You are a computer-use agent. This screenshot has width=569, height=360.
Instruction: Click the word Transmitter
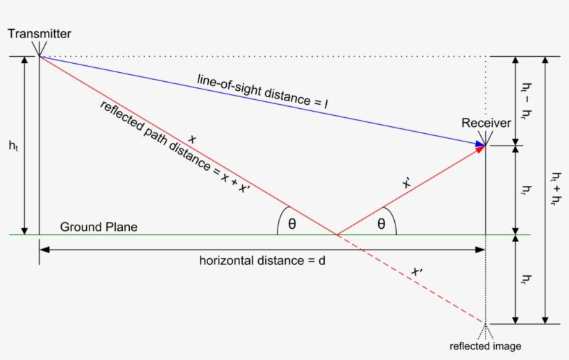(39, 34)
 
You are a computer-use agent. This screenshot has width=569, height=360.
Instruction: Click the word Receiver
(486, 123)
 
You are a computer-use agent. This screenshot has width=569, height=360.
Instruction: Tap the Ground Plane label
(99, 227)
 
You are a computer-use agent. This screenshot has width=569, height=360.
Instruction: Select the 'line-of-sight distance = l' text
(262, 92)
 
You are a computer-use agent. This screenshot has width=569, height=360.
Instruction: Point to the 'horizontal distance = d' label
(262, 261)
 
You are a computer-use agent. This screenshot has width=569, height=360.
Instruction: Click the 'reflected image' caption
(485, 346)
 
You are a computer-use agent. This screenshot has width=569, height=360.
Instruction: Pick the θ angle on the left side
(292, 224)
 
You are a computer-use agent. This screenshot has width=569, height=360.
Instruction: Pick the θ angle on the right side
(381, 224)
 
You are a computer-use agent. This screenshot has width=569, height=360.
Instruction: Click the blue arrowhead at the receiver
(480, 144)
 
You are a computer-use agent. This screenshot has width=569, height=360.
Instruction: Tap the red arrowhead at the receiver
(481, 149)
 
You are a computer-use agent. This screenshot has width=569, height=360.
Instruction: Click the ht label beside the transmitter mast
(13, 146)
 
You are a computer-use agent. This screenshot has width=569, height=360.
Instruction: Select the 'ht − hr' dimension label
(527, 101)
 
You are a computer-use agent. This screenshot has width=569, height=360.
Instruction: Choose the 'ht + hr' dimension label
(556, 189)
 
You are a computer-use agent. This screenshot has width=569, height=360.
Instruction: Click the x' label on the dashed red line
(416, 271)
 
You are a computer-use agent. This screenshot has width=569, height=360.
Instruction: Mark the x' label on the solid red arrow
(407, 183)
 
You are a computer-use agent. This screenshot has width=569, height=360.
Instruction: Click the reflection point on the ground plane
(337, 235)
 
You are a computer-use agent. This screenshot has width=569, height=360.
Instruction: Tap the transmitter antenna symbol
(39, 49)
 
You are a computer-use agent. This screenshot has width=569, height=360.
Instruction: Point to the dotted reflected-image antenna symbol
(485, 331)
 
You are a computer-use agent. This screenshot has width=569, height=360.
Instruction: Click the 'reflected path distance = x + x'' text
(175, 147)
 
